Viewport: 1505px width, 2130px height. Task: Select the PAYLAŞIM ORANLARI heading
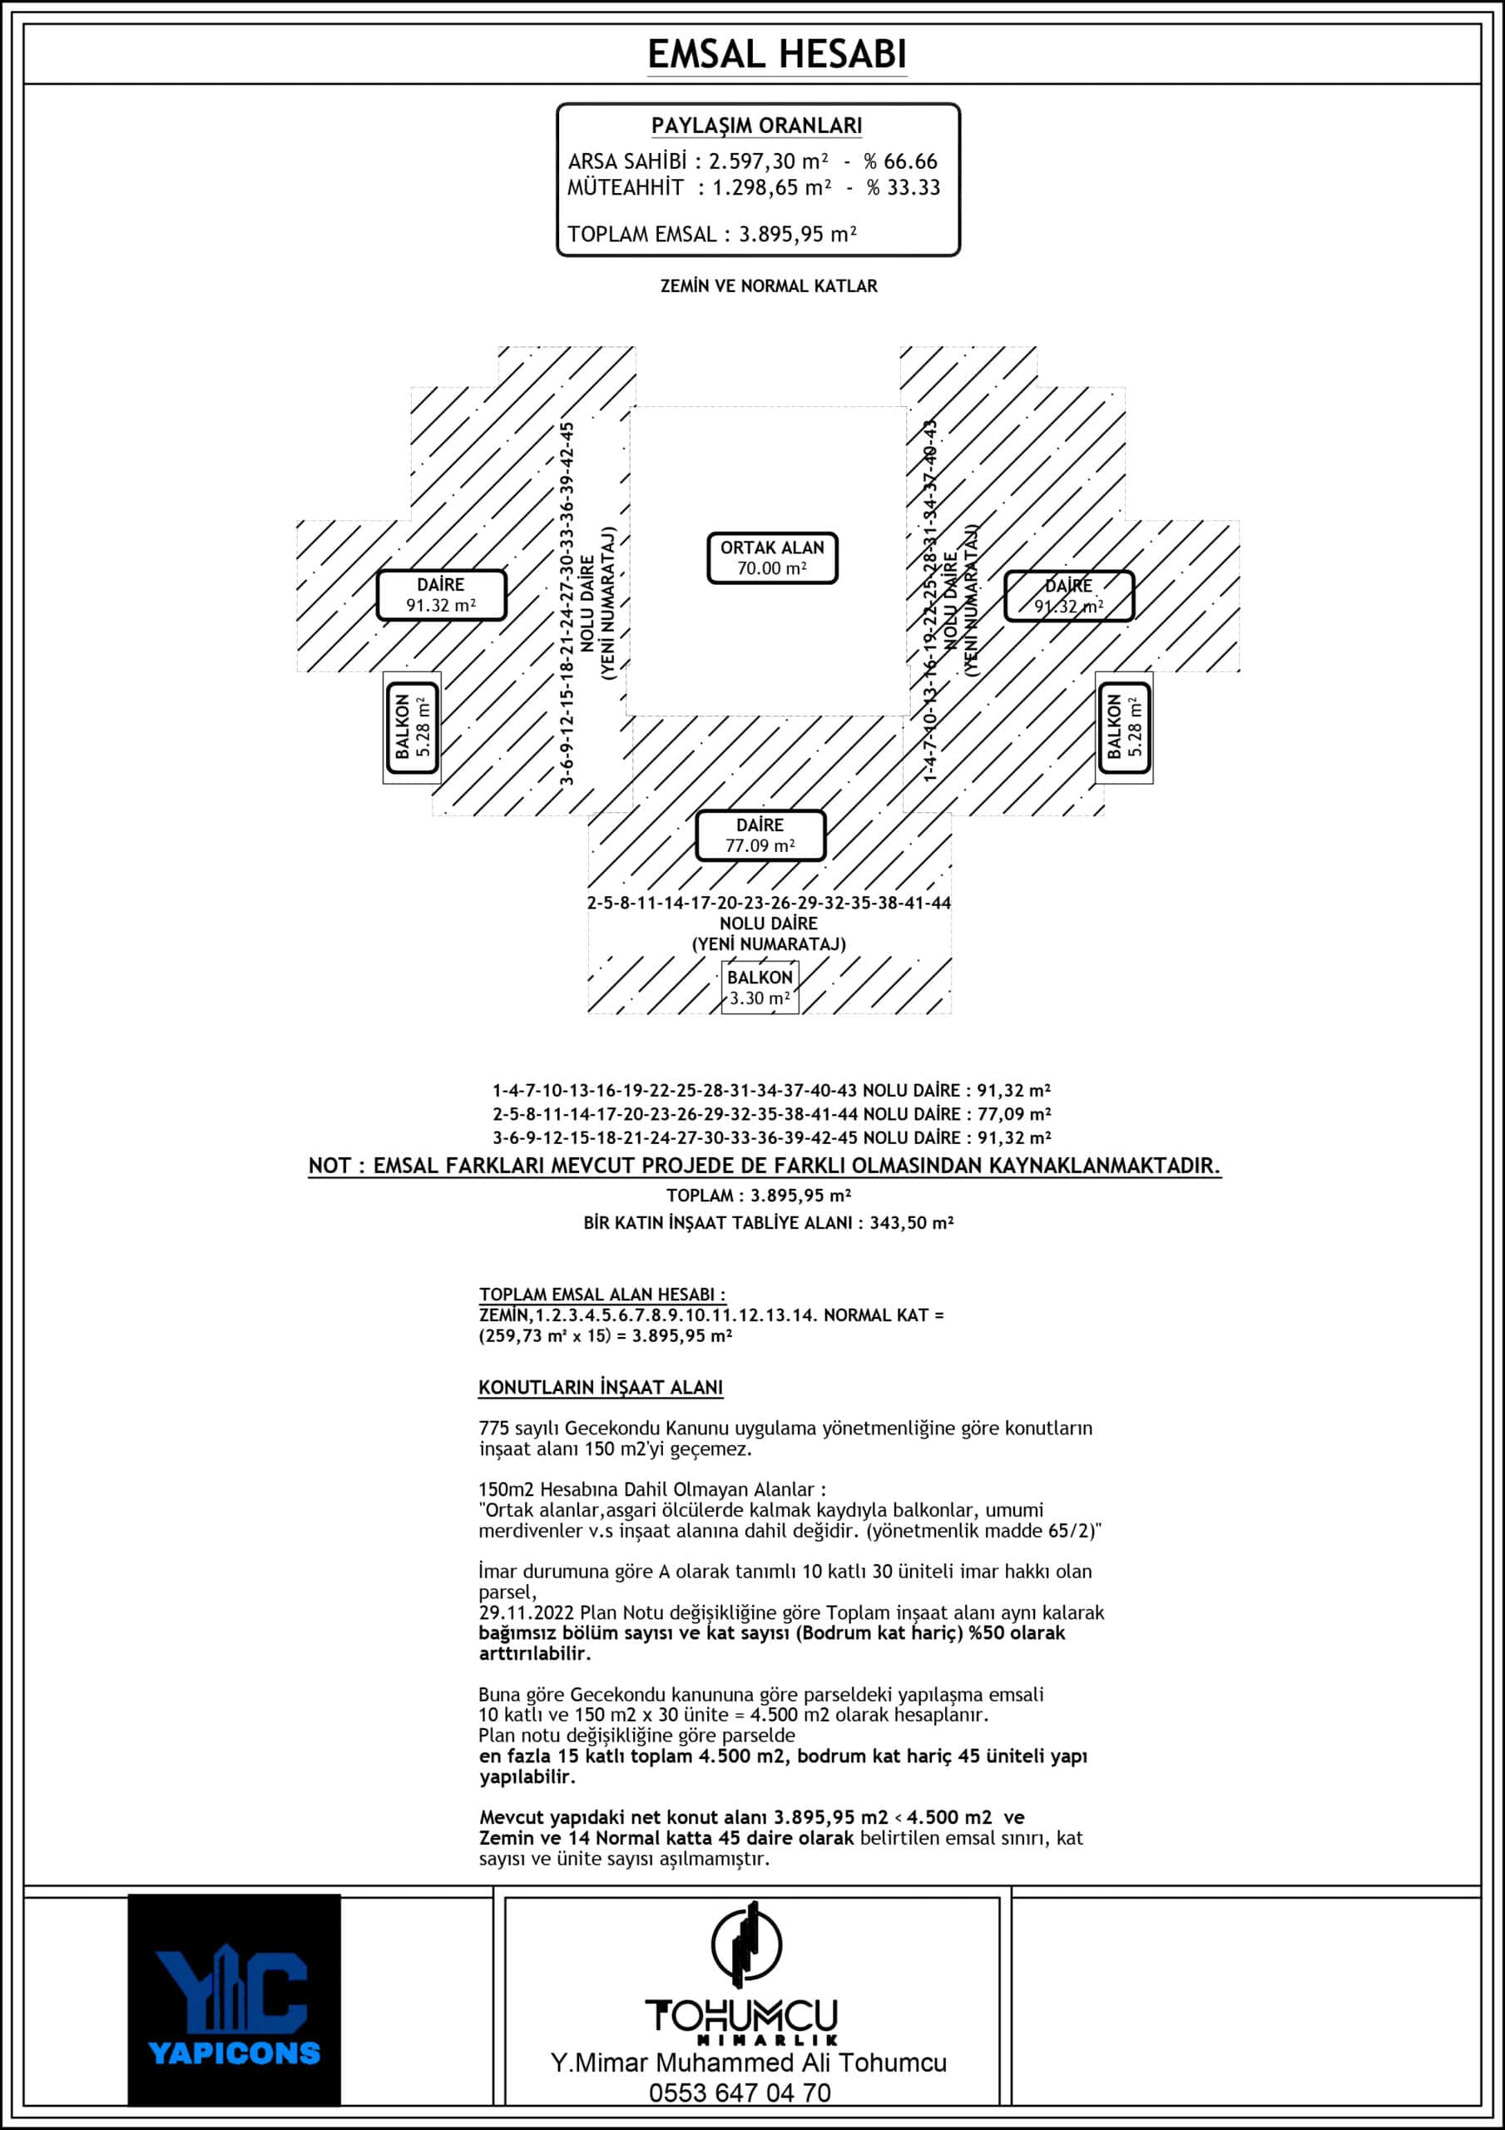pos(756,126)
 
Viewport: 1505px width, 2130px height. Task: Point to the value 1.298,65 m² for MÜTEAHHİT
pos(771,187)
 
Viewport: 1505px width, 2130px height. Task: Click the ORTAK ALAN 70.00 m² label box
pos(772,557)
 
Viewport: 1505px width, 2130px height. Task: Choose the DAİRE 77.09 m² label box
pos(760,835)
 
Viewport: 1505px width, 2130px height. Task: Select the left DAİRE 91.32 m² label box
pos(441,595)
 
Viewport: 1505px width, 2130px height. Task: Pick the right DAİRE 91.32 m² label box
pos(1069,596)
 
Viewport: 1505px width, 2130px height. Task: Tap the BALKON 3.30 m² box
pos(760,987)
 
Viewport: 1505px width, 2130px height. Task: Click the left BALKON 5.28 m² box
pos(412,727)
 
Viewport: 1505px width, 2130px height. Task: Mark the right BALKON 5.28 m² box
pos(1124,727)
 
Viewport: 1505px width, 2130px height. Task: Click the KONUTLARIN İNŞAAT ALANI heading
pos(601,1387)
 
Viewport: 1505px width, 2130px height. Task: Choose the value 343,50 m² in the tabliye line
pos(911,1223)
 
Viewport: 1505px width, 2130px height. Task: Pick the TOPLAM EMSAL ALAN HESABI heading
pos(602,1293)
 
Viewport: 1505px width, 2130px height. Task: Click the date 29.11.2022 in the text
pos(526,1612)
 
